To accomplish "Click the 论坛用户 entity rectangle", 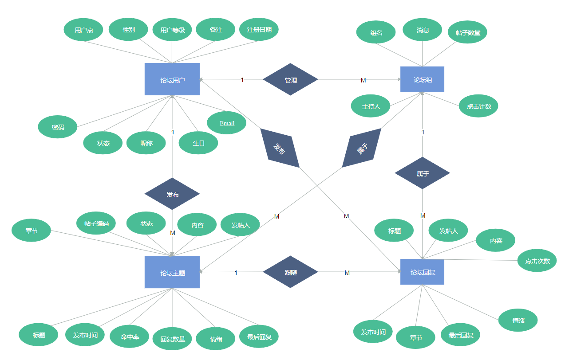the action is coord(172,79).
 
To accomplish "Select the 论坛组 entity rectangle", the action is coord(422,79).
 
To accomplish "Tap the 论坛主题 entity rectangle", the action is coord(172,272).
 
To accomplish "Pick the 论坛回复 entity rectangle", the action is coord(422,272).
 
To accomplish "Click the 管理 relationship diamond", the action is coord(290,79).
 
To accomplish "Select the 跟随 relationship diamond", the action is coord(290,272).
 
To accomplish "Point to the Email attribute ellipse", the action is coord(226,123).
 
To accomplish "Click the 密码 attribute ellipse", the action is coord(58,127).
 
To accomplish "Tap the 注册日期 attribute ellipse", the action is coord(259,29).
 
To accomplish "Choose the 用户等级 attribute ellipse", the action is coord(172,30).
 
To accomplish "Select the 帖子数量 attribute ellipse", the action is coord(467,32).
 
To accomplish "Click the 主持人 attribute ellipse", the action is coord(371,106).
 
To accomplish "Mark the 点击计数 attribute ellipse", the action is coord(478,106).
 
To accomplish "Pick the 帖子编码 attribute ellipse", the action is coord(96,223).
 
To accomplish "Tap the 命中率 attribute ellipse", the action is coord(130,337).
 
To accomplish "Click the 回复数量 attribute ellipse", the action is coord(172,339).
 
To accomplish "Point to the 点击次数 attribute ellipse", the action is coord(537,261).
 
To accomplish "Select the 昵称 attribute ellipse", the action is coord(146,143).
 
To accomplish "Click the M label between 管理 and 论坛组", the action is coord(363,80).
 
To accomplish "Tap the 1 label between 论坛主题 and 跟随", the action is coord(236,273).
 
